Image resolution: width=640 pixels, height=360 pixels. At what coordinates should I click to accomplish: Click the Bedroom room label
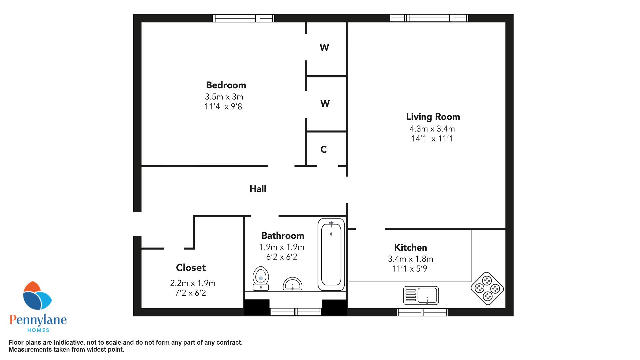[x=226, y=85]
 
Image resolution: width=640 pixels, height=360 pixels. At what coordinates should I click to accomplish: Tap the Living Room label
[x=433, y=117]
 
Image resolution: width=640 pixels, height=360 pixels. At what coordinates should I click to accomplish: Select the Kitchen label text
[x=410, y=248]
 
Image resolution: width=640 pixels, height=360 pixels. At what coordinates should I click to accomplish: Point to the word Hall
[x=258, y=189]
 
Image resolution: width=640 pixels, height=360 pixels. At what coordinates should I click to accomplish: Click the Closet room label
[x=191, y=268]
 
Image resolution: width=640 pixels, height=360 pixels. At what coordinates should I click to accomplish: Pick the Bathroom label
[x=283, y=236]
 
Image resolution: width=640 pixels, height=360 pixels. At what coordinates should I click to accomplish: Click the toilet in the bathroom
[x=261, y=278]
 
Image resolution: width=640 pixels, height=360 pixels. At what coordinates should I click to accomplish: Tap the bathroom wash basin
[x=292, y=284]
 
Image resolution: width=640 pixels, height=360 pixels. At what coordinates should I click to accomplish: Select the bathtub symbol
[x=331, y=255]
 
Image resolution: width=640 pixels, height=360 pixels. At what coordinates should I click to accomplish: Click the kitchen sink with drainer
[x=421, y=295]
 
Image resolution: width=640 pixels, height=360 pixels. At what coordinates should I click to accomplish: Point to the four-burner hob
[x=487, y=288]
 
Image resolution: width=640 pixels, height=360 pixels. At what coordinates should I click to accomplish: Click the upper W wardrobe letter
[x=324, y=48]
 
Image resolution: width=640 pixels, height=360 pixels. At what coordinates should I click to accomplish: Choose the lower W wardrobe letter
[x=325, y=104]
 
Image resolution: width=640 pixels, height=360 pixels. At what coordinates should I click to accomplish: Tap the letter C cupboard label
[x=323, y=150]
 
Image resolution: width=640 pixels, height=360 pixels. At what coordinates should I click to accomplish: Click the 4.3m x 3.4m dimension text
[x=432, y=129]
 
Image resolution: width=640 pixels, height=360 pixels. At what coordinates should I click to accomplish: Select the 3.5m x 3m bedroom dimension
[x=224, y=97]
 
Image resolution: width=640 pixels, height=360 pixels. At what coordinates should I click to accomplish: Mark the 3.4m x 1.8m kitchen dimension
[x=410, y=259]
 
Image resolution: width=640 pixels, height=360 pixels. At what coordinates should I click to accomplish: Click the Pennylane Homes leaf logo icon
[x=37, y=295]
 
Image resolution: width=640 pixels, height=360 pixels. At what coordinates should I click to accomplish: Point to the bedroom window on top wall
[x=243, y=18]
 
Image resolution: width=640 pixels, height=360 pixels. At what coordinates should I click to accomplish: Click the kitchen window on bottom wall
[x=422, y=312]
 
